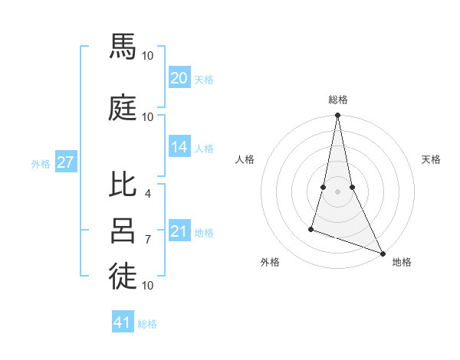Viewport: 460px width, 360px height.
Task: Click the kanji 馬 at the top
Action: [123, 47]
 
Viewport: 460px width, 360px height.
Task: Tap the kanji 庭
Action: [123, 107]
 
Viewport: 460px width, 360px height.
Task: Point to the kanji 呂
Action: [123, 230]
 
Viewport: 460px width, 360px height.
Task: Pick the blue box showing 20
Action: [179, 78]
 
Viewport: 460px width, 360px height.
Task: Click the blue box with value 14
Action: [179, 148]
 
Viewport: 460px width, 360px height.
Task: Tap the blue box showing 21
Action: [179, 231]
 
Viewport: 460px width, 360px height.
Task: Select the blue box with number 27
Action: [65, 162]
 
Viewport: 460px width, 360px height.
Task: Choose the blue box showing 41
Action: [123, 322]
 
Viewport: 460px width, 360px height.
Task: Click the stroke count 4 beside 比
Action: [147, 194]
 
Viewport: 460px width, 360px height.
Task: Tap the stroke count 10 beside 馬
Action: [147, 56]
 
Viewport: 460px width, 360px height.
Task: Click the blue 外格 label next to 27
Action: [41, 163]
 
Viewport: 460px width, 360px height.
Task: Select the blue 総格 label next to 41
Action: [147, 323]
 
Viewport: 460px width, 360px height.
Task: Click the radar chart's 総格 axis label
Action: [337, 100]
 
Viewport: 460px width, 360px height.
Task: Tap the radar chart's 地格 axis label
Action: [402, 263]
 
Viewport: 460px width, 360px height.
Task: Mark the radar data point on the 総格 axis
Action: [337, 116]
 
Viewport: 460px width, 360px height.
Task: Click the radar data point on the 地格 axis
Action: [382, 254]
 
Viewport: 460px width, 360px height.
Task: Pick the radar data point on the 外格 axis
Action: [311, 228]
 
